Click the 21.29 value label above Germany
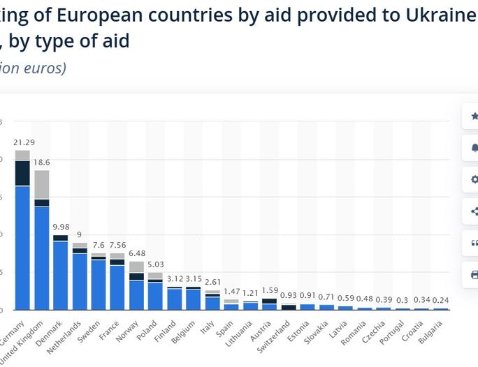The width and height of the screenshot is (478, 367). [23, 142]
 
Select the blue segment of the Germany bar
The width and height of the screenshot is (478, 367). [22, 248]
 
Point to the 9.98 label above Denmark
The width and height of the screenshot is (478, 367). [61, 227]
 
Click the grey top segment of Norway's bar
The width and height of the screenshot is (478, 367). [136, 267]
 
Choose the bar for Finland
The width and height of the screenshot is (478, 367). [174, 299]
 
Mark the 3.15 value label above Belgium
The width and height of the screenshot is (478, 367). [194, 279]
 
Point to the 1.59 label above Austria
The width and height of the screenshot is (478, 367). [270, 290]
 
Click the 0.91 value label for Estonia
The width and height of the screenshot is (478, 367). [307, 296]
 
